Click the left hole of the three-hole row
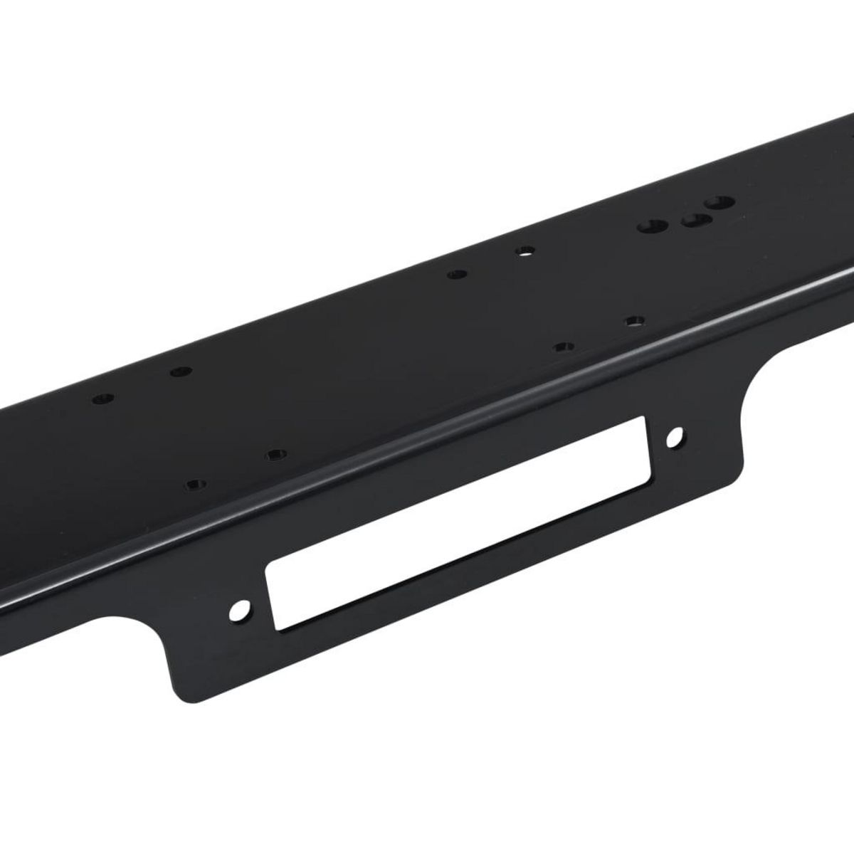coord(652,227)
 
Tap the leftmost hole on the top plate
coord(105,396)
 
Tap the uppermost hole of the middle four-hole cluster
coord(524,251)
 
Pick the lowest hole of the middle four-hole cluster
coord(564,347)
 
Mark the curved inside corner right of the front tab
coord(754,377)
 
